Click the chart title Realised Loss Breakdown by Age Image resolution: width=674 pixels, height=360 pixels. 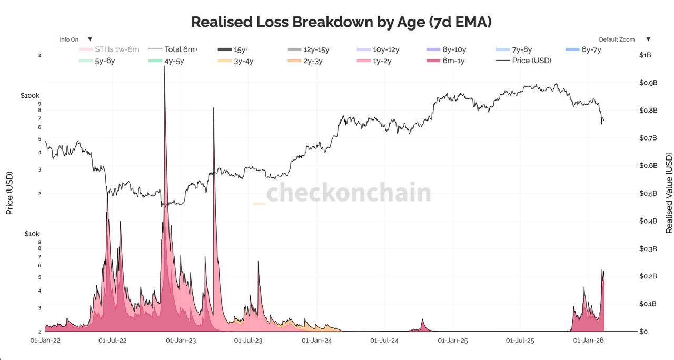341,22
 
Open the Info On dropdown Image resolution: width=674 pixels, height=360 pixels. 76,39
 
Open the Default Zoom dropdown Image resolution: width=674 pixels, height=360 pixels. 624,39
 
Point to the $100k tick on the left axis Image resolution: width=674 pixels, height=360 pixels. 30,96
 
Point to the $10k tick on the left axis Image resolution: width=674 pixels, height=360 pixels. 32,234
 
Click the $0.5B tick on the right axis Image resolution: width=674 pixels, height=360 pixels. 648,193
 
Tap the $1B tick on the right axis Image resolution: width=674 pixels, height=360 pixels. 645,55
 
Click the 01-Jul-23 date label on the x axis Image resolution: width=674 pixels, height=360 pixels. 248,341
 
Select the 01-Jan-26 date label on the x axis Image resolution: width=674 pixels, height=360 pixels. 588,341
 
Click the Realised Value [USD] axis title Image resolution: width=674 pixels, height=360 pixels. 669,193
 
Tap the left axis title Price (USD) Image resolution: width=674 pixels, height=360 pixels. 9,193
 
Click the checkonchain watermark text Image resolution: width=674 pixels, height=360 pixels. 348,193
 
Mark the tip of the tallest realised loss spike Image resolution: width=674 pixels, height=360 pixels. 165,67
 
